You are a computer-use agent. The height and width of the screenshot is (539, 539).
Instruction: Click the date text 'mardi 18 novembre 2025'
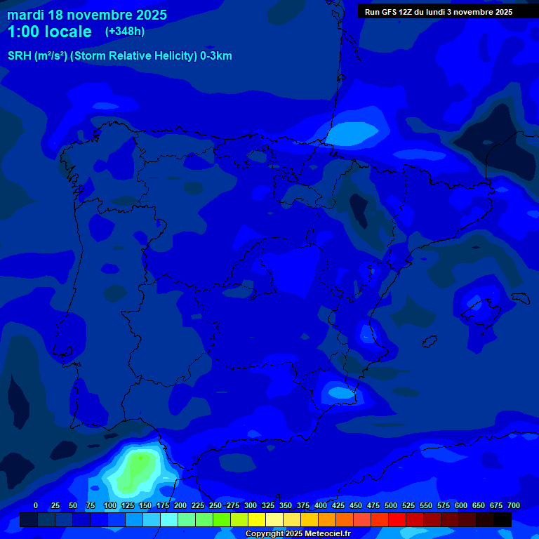pos(87,15)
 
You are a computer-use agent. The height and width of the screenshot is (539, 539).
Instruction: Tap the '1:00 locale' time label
pos(50,32)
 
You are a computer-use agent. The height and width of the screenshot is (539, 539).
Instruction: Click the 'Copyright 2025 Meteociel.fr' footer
pos(298,533)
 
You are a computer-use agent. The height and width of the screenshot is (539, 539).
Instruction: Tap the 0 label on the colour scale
pos(36,505)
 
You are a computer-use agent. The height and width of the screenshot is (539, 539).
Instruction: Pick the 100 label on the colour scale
pos(110,505)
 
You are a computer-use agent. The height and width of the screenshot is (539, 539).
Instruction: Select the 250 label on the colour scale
pos(215,505)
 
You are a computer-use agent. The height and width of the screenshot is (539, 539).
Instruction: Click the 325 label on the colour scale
pos(268,505)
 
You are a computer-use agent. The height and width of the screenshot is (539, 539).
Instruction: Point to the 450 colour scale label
pos(356,505)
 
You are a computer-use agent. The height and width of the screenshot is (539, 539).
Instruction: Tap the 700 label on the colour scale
pos(514,505)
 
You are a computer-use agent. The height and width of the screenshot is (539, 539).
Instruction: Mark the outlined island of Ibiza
pos(426,342)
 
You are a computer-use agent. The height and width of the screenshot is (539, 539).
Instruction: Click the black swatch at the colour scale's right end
pos(503,519)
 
